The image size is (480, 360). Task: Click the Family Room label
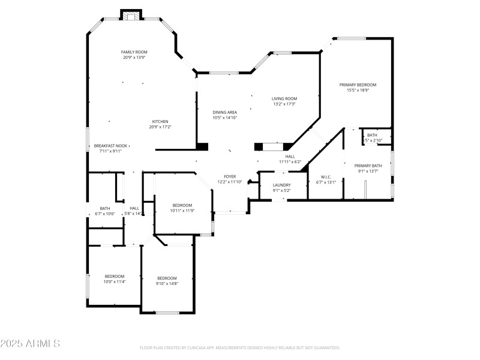(x=134, y=52)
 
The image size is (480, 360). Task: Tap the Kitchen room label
(x=160, y=121)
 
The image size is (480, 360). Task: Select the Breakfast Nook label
(x=110, y=146)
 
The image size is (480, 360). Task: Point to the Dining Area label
(x=224, y=112)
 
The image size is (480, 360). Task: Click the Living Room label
(x=284, y=98)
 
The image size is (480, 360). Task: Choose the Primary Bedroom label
(x=358, y=85)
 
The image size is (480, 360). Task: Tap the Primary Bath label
(x=367, y=166)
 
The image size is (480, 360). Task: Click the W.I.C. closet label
(x=326, y=177)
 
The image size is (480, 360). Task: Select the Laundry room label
(x=281, y=185)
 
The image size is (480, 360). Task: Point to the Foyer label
(x=230, y=176)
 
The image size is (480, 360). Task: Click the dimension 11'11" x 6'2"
(x=290, y=161)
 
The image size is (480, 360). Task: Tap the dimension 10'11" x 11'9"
(x=182, y=211)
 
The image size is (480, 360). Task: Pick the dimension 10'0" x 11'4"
(x=114, y=281)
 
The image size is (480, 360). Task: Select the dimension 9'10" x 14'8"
(x=167, y=283)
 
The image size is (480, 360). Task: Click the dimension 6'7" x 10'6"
(x=105, y=214)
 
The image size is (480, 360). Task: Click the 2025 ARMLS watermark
(x=30, y=344)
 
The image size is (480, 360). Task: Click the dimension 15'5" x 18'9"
(x=358, y=91)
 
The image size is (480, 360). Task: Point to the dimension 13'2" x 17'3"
(x=284, y=104)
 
